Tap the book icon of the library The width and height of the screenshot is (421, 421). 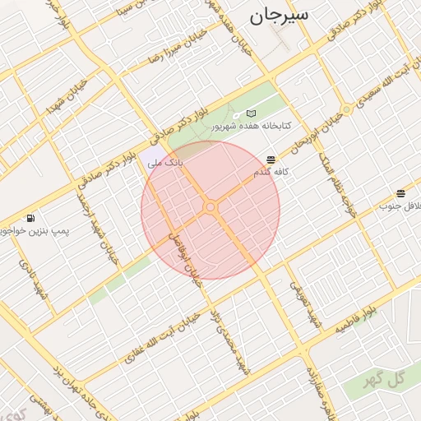[252, 113]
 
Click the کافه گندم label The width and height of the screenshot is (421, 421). [271, 173]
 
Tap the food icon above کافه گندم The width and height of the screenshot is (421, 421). [271, 159]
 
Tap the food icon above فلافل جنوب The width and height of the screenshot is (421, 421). [400, 193]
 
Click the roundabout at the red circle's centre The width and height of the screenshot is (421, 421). [210, 208]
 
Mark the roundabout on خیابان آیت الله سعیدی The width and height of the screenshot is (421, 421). [347, 109]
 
